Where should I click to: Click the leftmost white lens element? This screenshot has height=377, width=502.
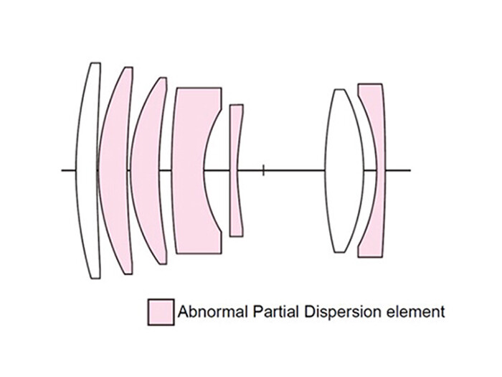pos(87,169)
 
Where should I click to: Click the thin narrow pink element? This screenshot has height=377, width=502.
pos(235,170)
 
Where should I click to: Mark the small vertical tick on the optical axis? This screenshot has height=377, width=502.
pos(264,170)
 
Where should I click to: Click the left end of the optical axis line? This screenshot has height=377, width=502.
pos(62,170)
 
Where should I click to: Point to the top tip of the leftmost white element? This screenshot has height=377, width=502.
pos(94,64)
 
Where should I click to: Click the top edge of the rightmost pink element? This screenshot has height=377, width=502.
pos(369,85)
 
